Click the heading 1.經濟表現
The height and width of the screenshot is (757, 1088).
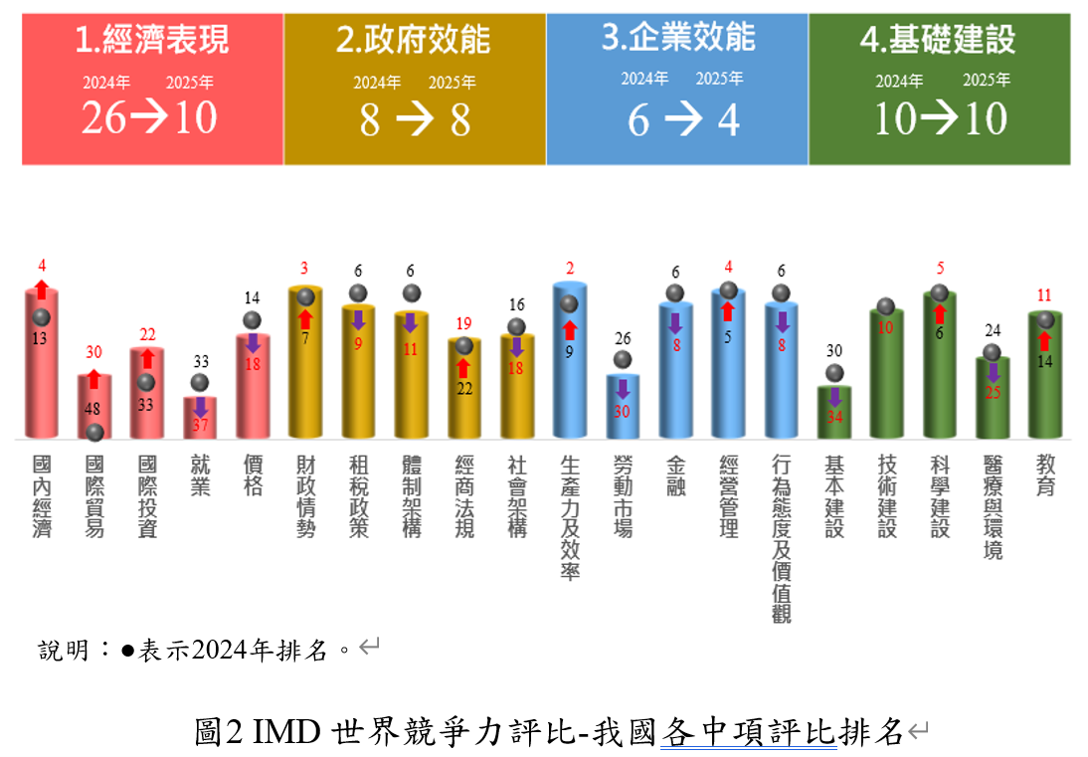(x=152, y=40)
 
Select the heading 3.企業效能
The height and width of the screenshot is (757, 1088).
(x=678, y=38)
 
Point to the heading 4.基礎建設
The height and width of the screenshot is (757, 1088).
(x=938, y=40)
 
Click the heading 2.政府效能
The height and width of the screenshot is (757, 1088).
(x=414, y=40)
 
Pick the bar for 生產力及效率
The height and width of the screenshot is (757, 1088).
(x=570, y=363)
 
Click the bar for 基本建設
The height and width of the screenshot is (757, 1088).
(x=834, y=412)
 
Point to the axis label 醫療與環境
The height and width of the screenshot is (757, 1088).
(x=993, y=507)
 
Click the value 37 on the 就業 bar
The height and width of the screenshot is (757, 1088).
(x=200, y=426)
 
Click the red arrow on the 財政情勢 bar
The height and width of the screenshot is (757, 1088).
(x=305, y=319)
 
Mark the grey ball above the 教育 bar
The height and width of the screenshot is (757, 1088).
(x=1045, y=319)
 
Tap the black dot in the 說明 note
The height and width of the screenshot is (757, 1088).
(x=127, y=651)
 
